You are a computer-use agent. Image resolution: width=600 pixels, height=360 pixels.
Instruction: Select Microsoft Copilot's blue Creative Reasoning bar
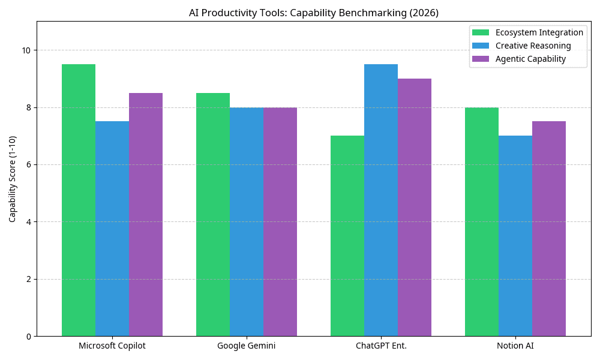pyautogui.click(x=112, y=229)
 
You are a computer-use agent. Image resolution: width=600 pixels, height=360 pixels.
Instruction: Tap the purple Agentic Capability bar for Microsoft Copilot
pyautogui.click(x=146, y=214)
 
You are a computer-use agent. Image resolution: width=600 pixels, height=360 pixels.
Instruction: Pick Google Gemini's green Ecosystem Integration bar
pyautogui.click(x=213, y=214)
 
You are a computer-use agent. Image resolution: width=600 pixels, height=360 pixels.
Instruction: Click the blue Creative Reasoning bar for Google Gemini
pyautogui.click(x=247, y=221)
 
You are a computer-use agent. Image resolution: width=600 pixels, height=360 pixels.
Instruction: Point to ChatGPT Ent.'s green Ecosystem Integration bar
pyautogui.click(x=347, y=236)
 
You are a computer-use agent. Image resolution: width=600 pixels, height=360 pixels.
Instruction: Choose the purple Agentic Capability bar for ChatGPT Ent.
pyautogui.click(x=415, y=207)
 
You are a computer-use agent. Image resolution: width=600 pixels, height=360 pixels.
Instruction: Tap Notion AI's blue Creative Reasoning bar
pyautogui.click(x=515, y=236)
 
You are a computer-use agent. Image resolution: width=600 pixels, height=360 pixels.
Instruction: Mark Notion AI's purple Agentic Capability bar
pyautogui.click(x=549, y=229)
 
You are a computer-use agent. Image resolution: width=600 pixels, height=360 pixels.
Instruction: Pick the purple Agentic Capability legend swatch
pyautogui.click(x=481, y=59)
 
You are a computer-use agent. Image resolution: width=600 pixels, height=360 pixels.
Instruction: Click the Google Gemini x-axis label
pyautogui.click(x=247, y=346)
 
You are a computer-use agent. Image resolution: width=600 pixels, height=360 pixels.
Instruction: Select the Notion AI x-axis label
pyautogui.click(x=515, y=346)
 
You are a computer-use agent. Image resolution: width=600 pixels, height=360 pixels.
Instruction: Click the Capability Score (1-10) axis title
pyautogui.click(x=13, y=179)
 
